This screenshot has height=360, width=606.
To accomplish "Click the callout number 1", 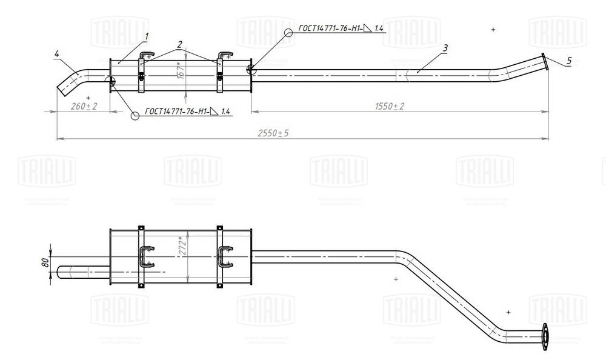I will coord(147,37).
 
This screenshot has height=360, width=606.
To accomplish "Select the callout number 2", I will coord(180,44).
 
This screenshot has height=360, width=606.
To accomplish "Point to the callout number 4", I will coord(56,55).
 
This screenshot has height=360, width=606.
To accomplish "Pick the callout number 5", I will coord(568,60).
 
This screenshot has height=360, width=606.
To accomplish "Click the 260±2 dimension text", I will coord(84,106).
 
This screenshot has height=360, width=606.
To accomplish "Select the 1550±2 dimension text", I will coord(390,106).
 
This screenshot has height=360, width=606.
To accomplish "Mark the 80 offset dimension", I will coord(44,264).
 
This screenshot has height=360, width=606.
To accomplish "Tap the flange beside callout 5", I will coord(545,62).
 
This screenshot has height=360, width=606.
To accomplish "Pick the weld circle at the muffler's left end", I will coord(110,82).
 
